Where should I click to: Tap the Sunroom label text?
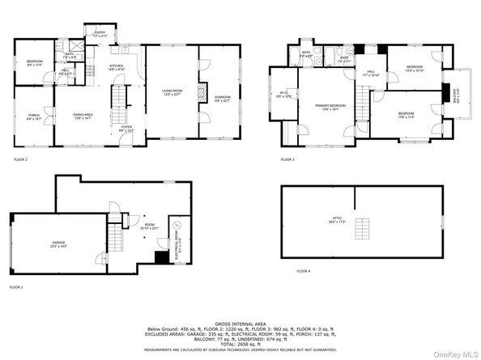coord(222,99)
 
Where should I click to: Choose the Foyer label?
coord(127,127)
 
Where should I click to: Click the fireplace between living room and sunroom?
coord(202,89)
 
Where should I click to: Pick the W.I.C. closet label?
coord(285,95)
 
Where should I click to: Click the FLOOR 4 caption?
coord(303,270)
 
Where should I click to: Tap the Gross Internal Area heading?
coord(240,321)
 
